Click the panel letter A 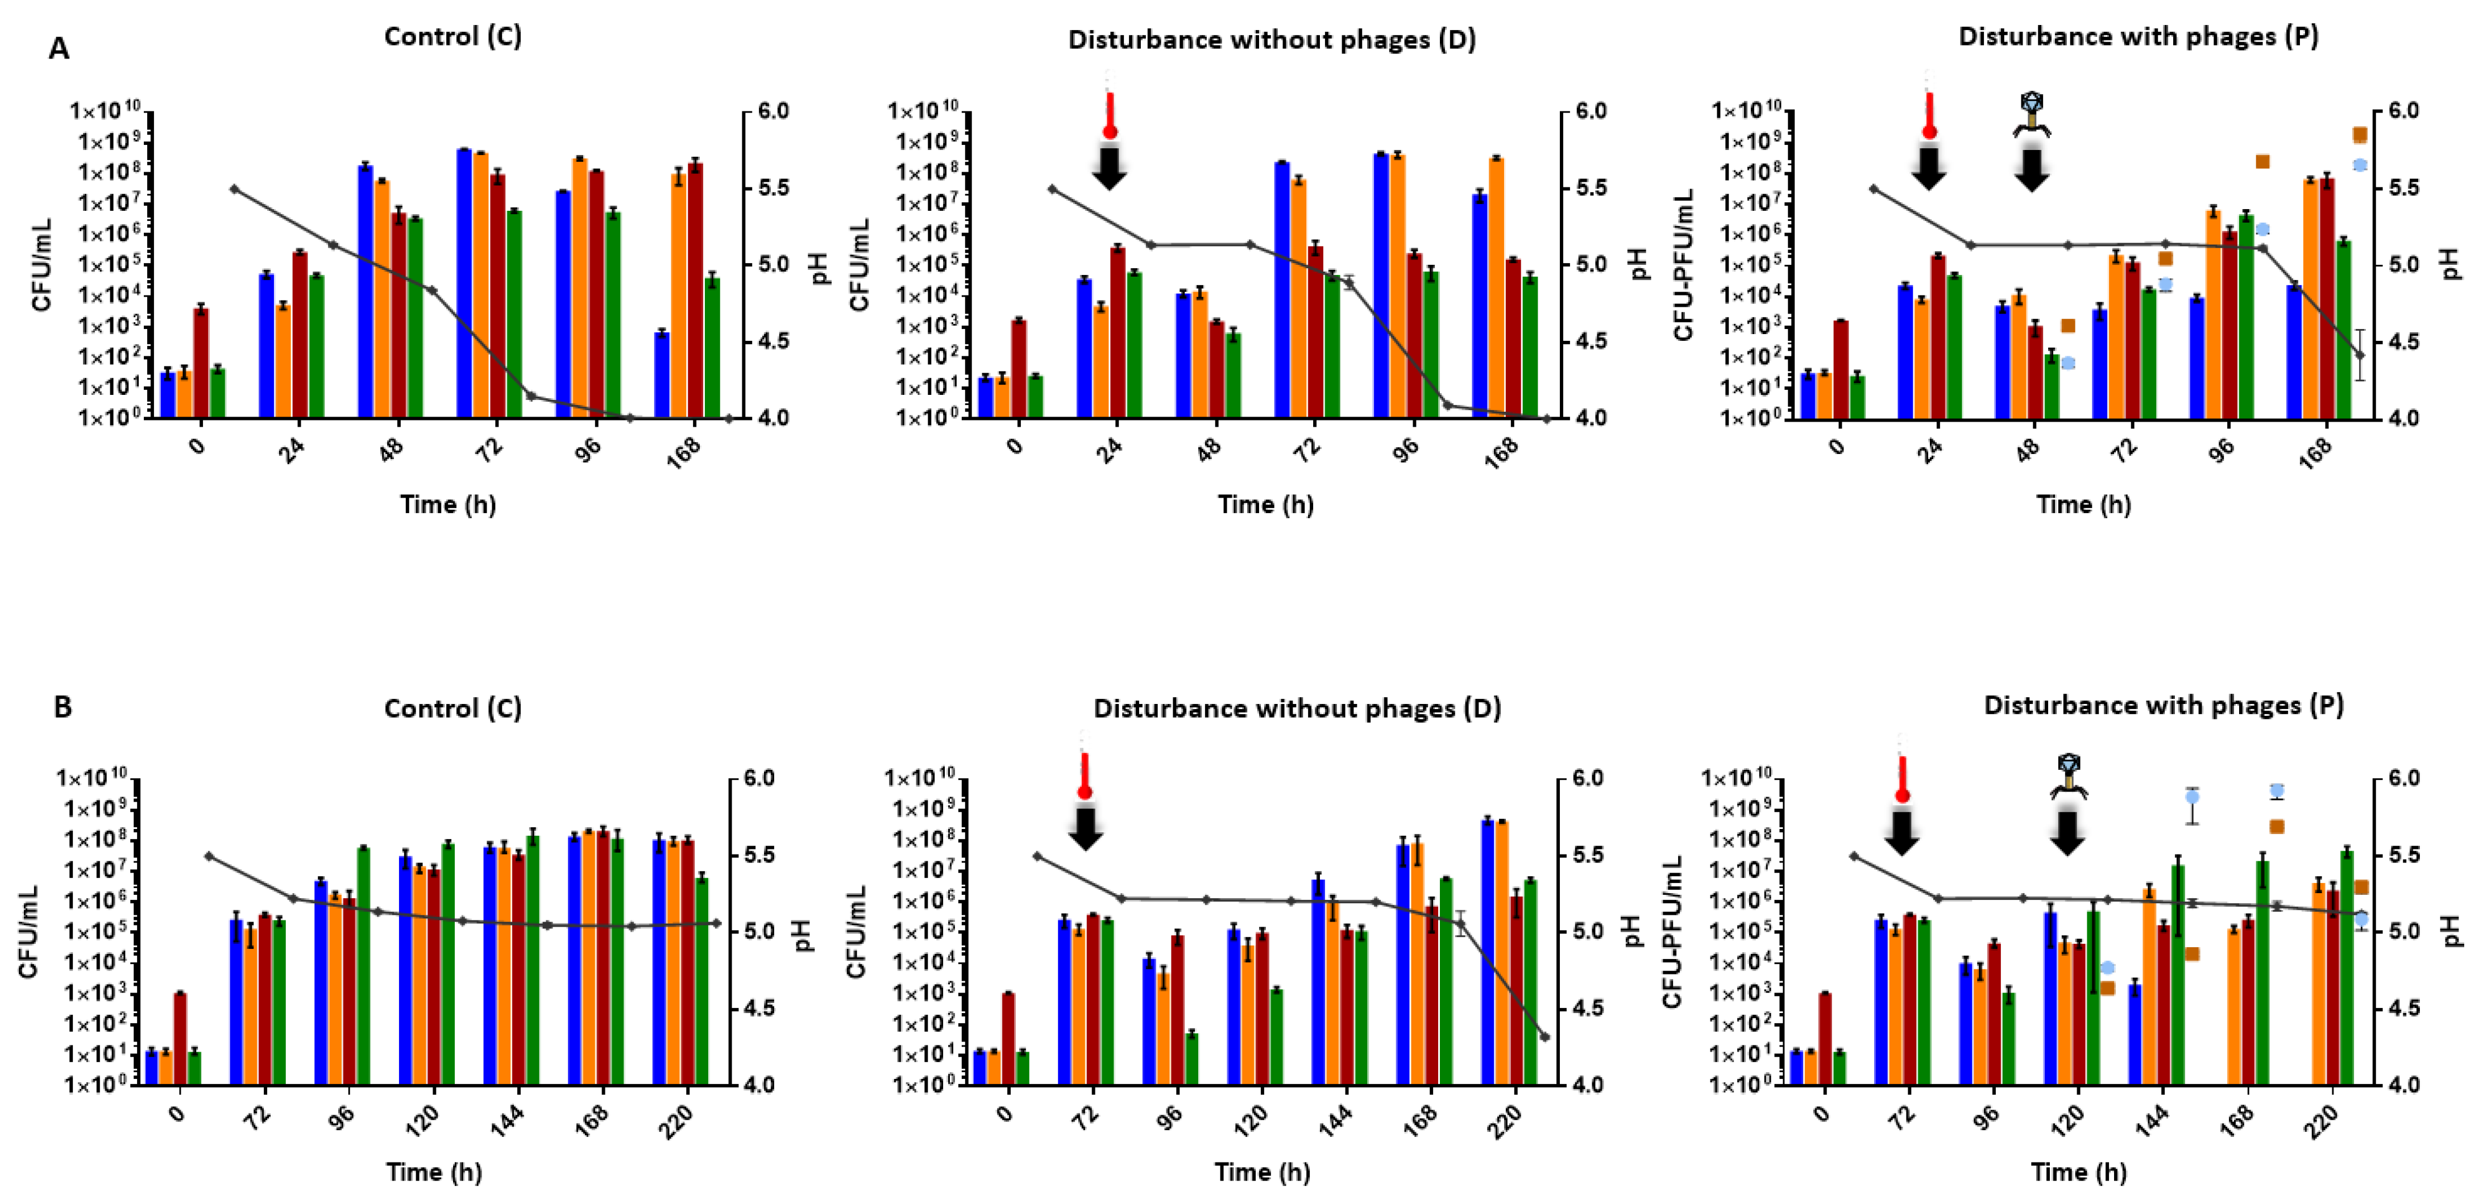pyautogui.click(x=59, y=49)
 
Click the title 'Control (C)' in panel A pyautogui.click(x=452, y=36)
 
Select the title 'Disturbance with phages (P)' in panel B pyautogui.click(x=2164, y=705)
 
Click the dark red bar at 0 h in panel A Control pyautogui.click(x=201, y=362)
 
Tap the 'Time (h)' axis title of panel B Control pyautogui.click(x=434, y=1172)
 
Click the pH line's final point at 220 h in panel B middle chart pyautogui.click(x=1544, y=1036)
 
